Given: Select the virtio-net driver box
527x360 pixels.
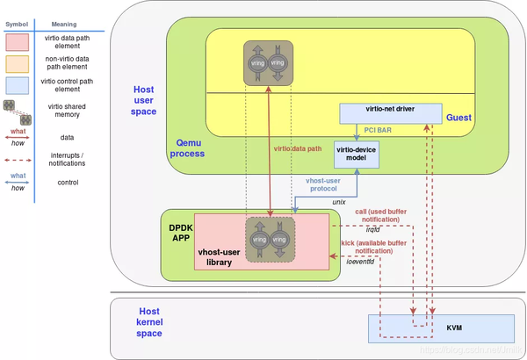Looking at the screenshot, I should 393,111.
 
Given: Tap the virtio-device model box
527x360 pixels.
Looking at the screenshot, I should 357,155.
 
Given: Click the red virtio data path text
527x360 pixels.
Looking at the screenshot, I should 300,148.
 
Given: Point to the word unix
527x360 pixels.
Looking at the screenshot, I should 338,201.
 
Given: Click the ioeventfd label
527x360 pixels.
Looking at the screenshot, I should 357,261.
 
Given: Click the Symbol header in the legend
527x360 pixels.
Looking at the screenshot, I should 18,25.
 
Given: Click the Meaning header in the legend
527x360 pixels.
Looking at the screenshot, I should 64,25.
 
